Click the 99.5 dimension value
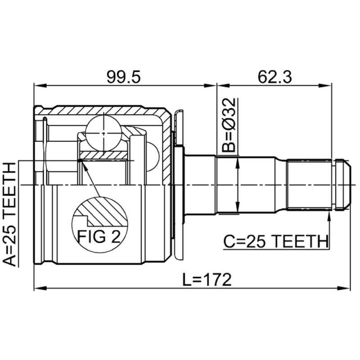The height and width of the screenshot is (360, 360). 123,77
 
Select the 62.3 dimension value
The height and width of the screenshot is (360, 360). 274,77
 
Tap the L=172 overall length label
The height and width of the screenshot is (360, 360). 207,279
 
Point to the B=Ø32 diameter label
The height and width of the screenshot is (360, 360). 229,125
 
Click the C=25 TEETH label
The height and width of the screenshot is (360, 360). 275,242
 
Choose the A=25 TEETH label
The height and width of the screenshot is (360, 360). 9,215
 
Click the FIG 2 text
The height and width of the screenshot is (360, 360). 99,237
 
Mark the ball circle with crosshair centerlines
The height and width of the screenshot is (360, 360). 104,133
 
